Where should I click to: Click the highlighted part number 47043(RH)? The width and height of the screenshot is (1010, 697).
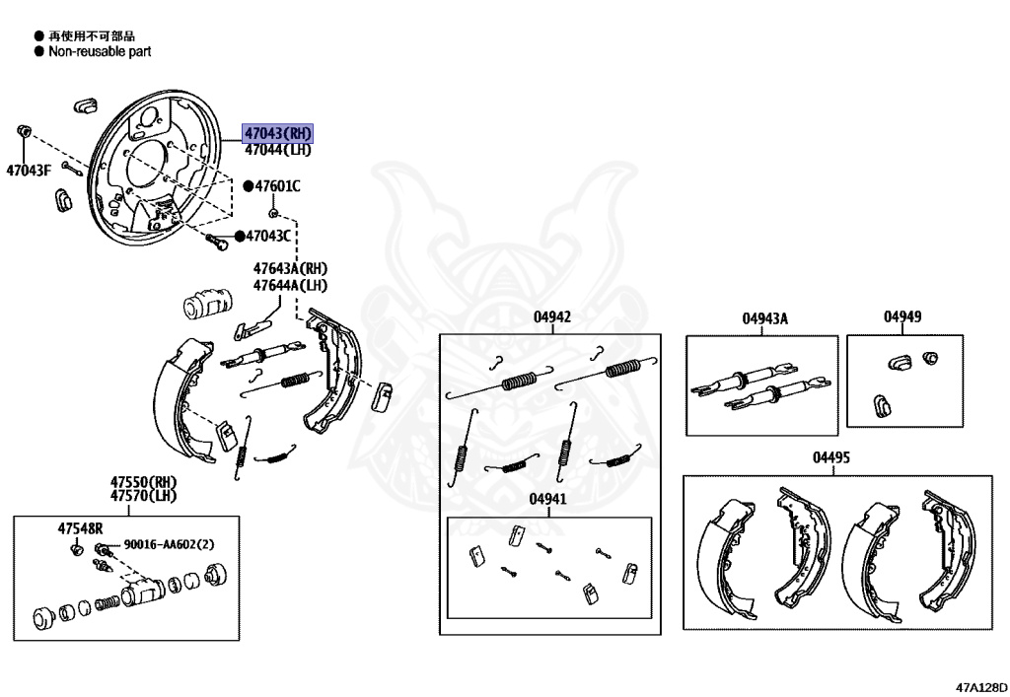click(277, 134)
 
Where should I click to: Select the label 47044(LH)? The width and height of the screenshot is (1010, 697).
click(277, 150)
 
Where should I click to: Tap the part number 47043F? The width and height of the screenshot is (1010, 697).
click(28, 170)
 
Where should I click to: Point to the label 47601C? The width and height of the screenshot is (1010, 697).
click(277, 185)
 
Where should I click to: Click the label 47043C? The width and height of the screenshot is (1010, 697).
click(268, 236)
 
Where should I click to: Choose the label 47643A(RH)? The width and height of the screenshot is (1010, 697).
click(290, 268)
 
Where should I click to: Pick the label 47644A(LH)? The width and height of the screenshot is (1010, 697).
click(290, 285)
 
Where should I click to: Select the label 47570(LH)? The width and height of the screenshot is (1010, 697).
click(143, 497)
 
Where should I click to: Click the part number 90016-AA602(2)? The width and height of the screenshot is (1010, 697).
click(169, 544)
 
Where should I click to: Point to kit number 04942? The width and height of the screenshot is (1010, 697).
click(552, 316)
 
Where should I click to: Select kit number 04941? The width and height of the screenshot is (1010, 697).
click(548, 499)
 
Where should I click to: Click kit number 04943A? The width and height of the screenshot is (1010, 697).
click(765, 317)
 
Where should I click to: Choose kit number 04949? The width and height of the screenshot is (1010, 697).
click(902, 316)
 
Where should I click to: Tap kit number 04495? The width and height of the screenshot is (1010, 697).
click(831, 457)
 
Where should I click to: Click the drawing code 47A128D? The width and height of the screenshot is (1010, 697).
click(980, 682)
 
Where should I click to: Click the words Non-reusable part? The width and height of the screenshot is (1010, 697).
click(100, 50)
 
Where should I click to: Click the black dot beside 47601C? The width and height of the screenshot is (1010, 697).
click(249, 185)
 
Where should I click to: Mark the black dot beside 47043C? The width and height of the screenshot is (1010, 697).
click(238, 236)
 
